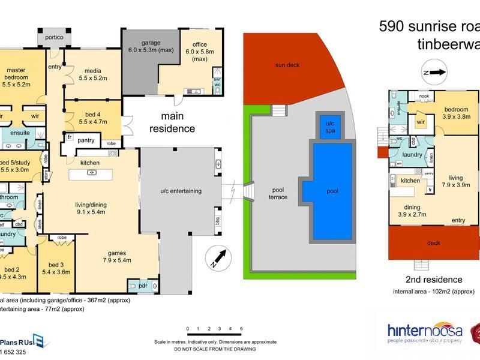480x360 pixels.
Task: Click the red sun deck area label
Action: click(287, 65)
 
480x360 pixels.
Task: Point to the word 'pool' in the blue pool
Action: click(332, 191)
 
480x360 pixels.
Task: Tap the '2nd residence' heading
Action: click(433, 280)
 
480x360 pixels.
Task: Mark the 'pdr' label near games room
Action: click(143, 286)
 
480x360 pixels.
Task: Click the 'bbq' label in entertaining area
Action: click(217, 221)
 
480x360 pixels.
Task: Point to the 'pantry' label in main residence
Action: click(86, 140)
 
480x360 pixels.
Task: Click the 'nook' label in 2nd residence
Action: click(424, 96)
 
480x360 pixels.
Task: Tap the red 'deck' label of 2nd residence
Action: click(433, 243)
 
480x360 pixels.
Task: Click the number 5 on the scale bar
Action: click(241, 329)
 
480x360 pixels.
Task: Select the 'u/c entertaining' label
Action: click(181, 191)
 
